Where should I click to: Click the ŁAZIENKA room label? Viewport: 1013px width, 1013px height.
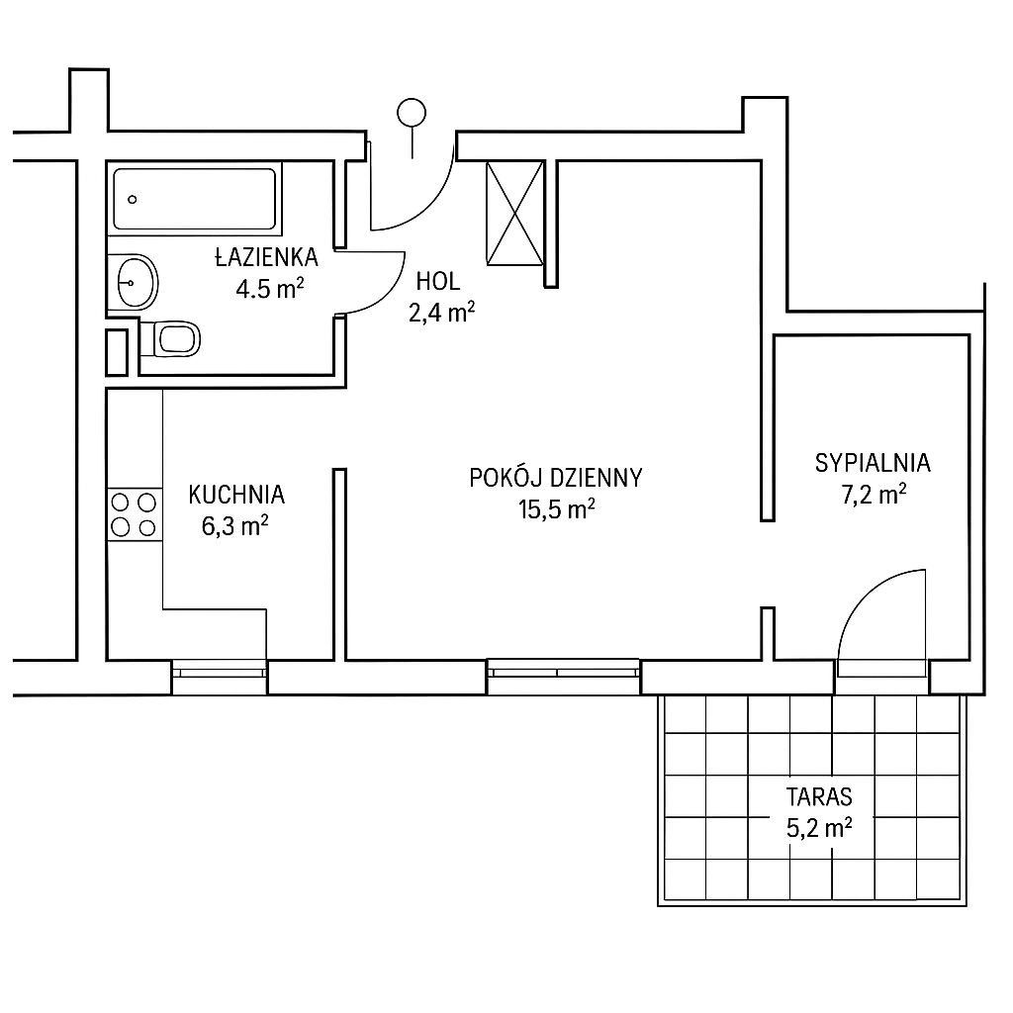(266, 258)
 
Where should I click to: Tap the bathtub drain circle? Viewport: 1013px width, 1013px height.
(133, 200)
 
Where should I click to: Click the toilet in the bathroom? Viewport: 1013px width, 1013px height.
(170, 338)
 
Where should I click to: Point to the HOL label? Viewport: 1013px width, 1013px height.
(438, 282)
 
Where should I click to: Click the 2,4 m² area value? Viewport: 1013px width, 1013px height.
(442, 313)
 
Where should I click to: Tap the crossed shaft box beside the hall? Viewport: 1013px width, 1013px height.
(514, 214)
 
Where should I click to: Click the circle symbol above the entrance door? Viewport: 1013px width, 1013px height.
(413, 113)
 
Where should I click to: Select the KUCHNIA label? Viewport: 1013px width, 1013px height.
(236, 495)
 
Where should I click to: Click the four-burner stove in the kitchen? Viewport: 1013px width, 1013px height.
(135, 514)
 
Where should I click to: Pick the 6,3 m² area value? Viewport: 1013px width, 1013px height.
(235, 526)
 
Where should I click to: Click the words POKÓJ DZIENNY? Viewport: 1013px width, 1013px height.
(556, 478)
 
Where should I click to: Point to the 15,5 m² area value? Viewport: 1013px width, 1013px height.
(556, 509)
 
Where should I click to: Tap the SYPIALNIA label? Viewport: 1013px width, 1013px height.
(873, 463)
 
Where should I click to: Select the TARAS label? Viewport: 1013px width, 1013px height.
(819, 797)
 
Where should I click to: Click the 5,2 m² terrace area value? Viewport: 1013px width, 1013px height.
(819, 828)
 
